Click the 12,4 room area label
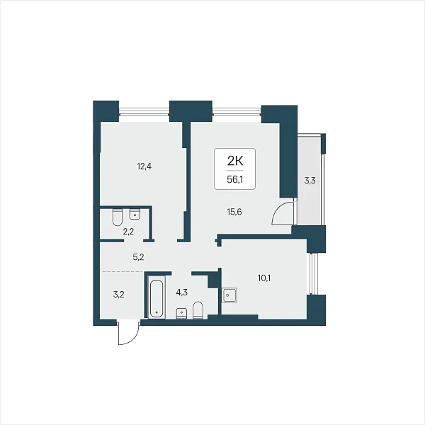[x=144, y=166]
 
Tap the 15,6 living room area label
[x=234, y=212]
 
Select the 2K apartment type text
[x=235, y=161]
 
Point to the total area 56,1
[x=234, y=179]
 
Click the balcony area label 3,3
[x=310, y=180]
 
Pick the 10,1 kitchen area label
[x=264, y=278]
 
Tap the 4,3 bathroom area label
[x=181, y=293]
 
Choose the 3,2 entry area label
[x=118, y=295]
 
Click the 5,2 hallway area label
[x=138, y=257]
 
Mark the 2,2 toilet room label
[x=128, y=232]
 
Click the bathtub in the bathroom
[x=157, y=297]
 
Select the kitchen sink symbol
[x=229, y=295]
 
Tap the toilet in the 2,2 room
[x=118, y=217]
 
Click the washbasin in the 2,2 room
[x=135, y=214]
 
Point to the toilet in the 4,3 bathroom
[x=198, y=310]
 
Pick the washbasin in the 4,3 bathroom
[x=181, y=313]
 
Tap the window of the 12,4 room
[x=144, y=112]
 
